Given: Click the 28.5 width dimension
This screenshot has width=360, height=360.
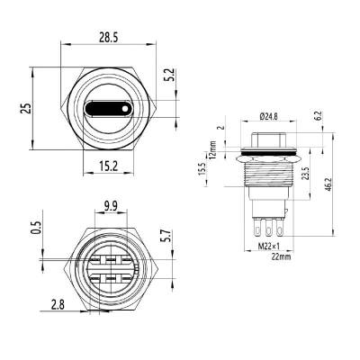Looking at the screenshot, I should (109, 38).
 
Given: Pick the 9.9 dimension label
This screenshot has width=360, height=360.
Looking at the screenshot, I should (111, 205).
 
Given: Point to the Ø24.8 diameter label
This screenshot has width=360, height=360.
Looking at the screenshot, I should (268, 116).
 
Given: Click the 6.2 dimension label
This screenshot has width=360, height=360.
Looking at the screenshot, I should (319, 117).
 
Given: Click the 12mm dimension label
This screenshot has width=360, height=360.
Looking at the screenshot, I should (237, 147).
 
